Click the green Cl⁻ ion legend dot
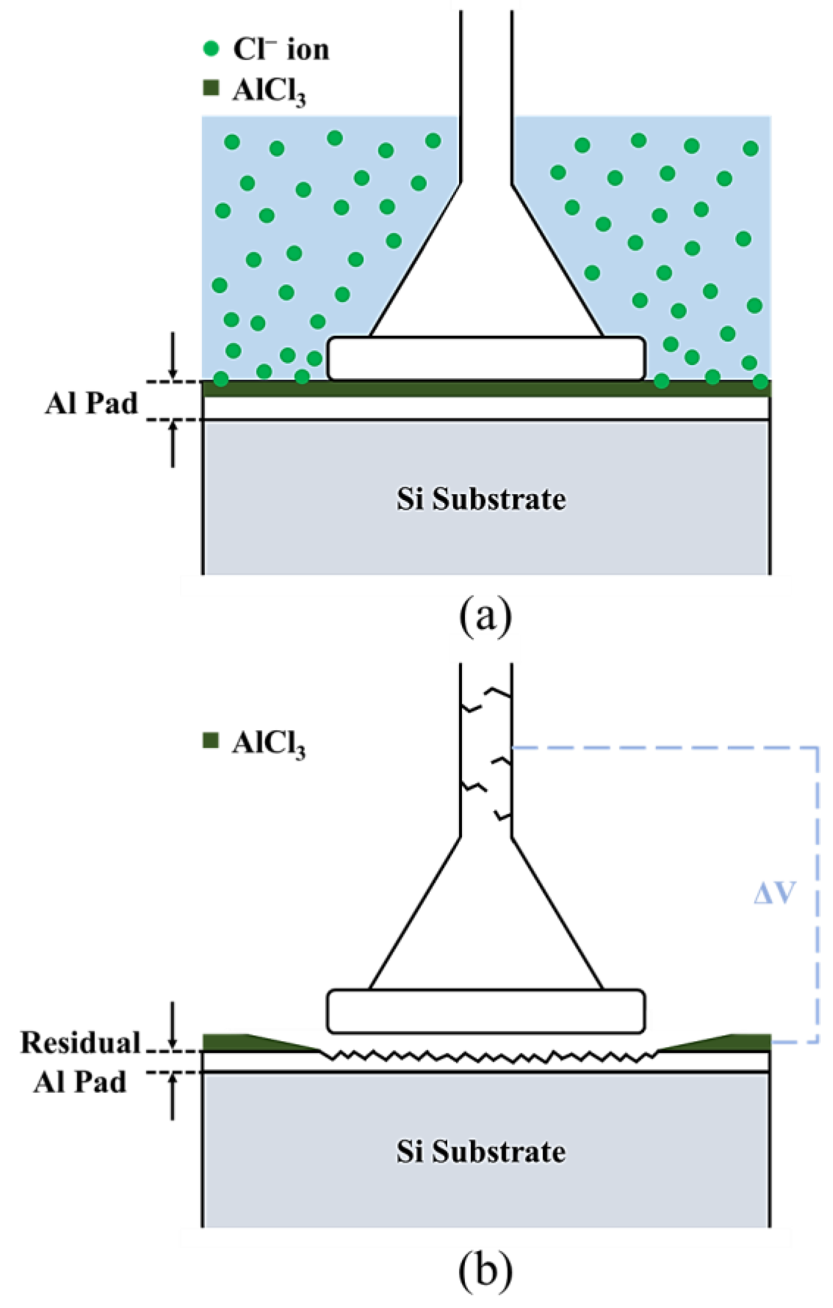(x=210, y=49)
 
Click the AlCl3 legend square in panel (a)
(x=210, y=89)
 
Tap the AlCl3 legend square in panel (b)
(x=210, y=741)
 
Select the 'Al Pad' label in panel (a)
(x=91, y=404)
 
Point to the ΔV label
(x=774, y=893)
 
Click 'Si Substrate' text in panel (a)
(x=481, y=500)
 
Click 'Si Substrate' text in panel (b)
(x=481, y=1152)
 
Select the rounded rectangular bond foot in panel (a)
(x=486, y=358)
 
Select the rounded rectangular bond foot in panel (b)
(x=486, y=1011)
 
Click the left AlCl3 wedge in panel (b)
(x=239, y=1043)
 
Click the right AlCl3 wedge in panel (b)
(x=734, y=1043)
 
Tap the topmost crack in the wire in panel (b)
(x=497, y=692)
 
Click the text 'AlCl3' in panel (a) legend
(x=269, y=91)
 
